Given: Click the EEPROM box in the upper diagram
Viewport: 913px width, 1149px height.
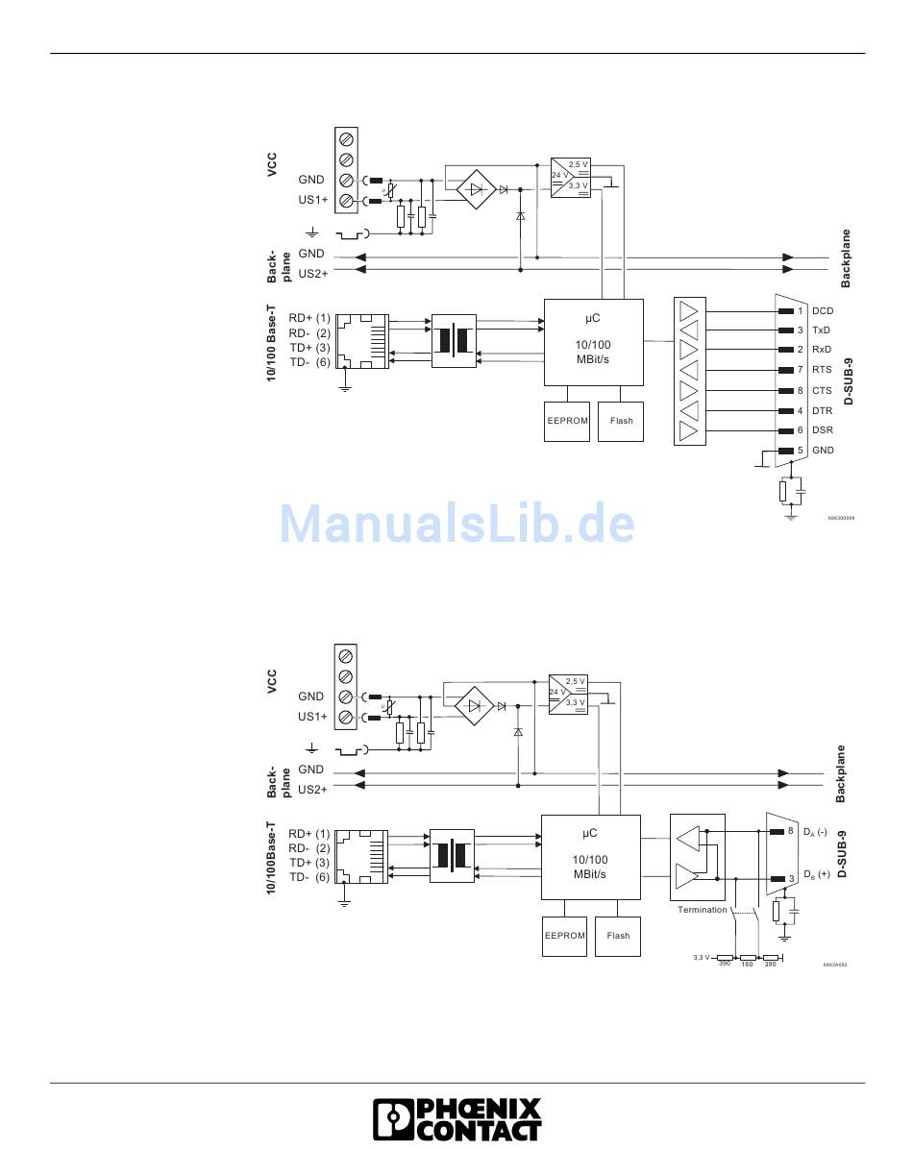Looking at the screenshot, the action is (x=567, y=421).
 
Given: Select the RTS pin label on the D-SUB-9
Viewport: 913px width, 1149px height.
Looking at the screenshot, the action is (x=822, y=370).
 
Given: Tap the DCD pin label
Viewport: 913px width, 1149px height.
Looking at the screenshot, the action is (x=823, y=311).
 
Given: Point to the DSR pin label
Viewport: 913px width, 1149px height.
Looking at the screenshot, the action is (x=823, y=430).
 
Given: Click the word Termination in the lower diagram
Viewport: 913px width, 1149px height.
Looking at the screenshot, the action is (x=702, y=910).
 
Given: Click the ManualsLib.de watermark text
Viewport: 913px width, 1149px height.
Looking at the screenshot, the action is (x=456, y=525).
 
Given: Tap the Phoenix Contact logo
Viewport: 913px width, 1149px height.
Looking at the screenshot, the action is (x=456, y=1120).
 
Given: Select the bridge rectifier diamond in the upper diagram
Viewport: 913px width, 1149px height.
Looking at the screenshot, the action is (x=475, y=189).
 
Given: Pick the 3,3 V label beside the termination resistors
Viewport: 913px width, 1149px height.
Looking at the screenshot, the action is (x=702, y=957).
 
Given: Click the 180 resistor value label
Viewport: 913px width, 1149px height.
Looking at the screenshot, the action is (x=747, y=965).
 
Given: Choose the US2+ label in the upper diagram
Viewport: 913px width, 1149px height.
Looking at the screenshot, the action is (x=312, y=274).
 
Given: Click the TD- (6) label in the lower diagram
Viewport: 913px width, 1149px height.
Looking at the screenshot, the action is (x=309, y=877).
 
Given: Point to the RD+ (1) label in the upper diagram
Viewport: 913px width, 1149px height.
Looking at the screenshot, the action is (x=309, y=318).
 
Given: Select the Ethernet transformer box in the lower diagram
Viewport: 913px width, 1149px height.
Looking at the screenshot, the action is (x=452, y=855).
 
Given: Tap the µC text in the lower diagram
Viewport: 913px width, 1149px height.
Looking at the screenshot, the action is (x=590, y=833).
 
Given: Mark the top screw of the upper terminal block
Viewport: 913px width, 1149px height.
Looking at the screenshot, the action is (x=346, y=138).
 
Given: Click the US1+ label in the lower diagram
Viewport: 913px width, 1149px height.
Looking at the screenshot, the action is (x=312, y=717).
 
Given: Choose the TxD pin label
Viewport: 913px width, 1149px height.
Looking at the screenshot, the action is (x=821, y=330).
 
